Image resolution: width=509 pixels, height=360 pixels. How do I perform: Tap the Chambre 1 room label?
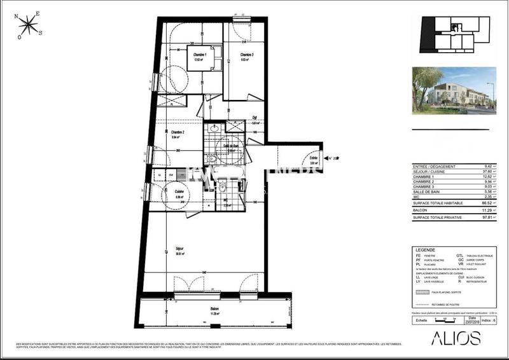point(201,56)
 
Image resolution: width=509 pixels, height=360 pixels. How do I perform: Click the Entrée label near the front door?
point(313,158)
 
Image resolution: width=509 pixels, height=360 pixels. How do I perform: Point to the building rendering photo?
point(453,88)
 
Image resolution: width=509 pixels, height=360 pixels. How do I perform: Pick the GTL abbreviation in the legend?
point(459,255)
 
